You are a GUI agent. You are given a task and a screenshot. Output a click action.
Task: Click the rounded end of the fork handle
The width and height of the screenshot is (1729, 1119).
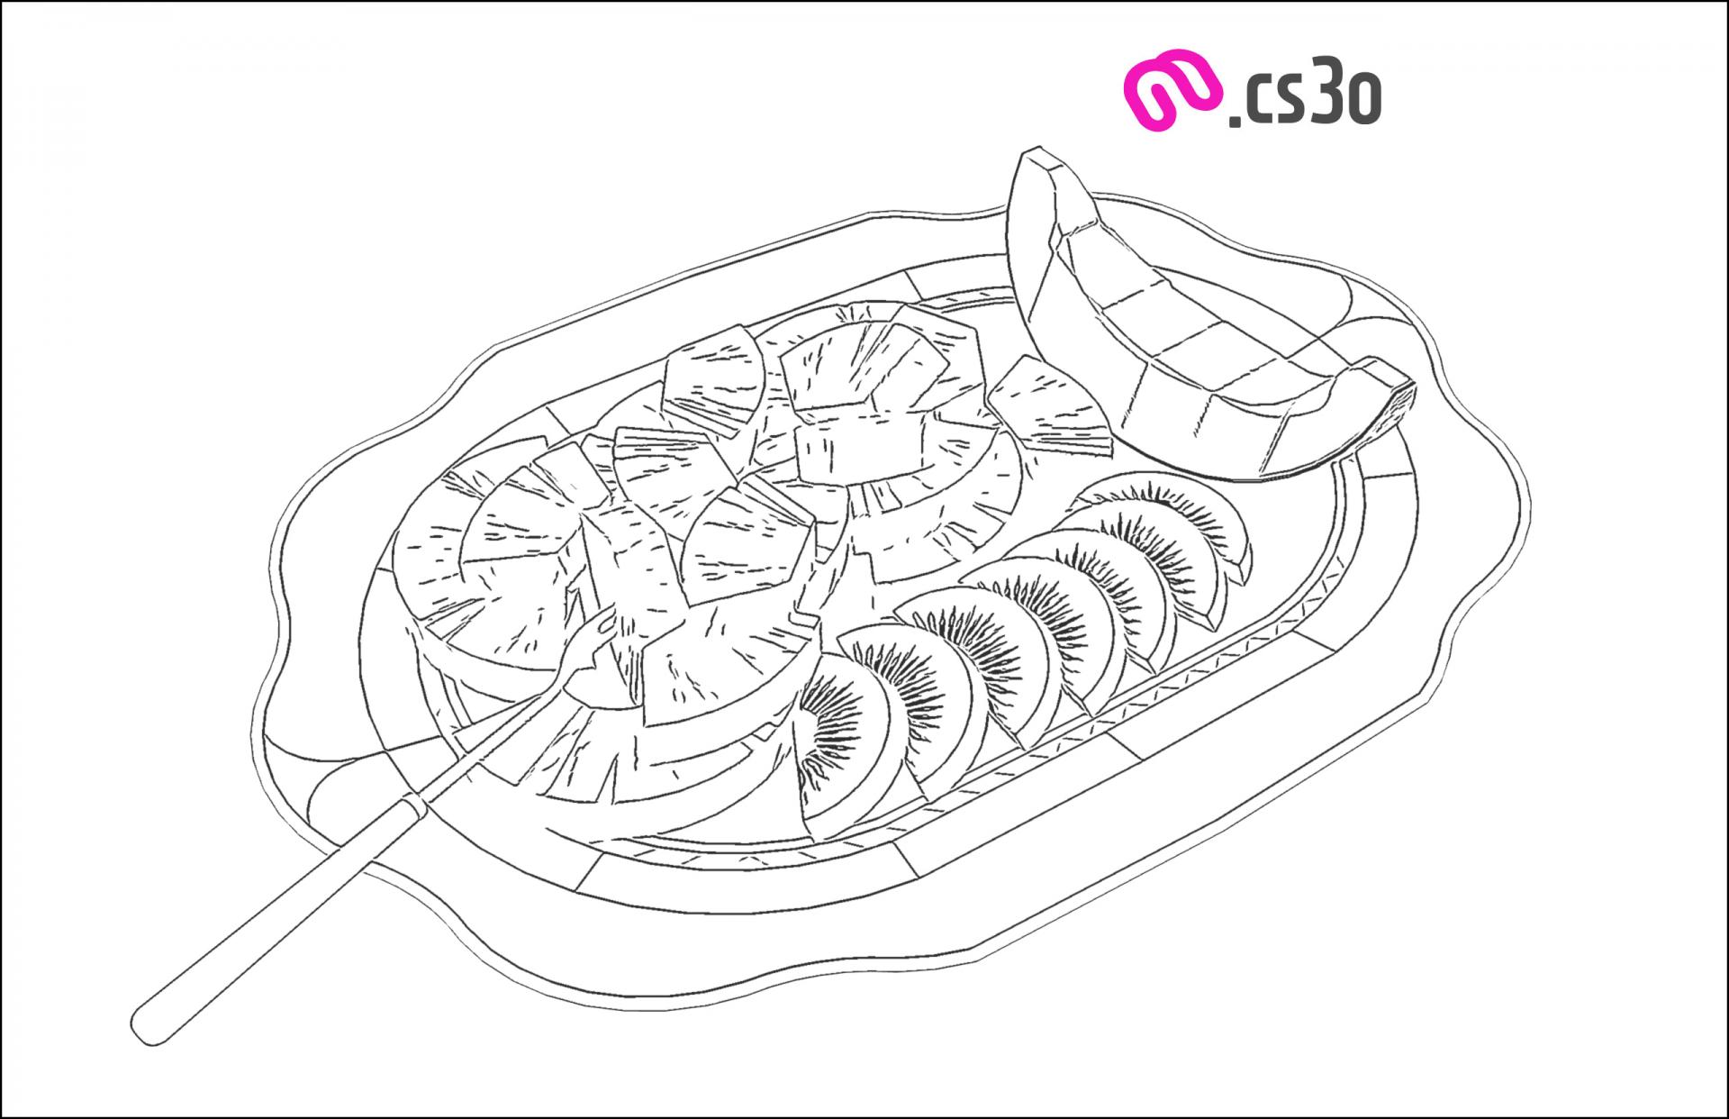coord(153,1027)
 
